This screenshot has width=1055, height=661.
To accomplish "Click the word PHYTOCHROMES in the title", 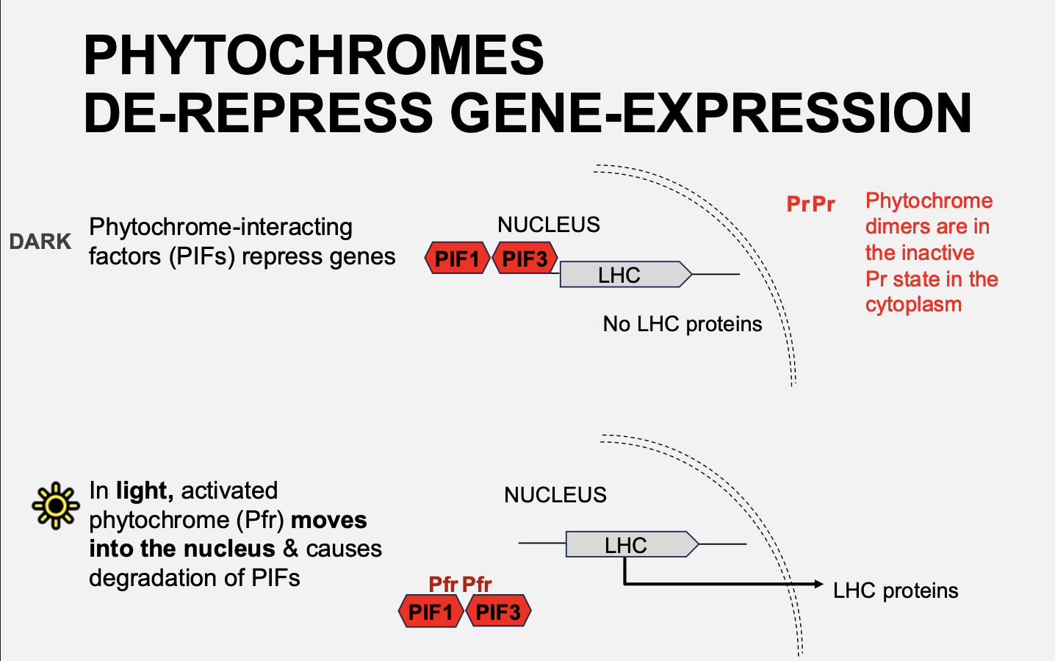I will tap(314, 56).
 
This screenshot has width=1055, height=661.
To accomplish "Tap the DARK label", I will tap(40, 242).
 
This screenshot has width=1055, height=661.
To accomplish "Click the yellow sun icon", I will tap(55, 505).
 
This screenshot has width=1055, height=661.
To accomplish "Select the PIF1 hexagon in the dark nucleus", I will tap(457, 259).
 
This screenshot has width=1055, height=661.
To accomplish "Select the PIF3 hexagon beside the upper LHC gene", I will tap(525, 259).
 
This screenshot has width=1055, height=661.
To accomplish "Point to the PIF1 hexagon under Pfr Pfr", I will tap(431, 611).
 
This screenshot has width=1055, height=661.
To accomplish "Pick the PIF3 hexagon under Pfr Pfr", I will tap(498, 611).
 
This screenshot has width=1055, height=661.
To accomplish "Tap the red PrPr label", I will tap(810, 204).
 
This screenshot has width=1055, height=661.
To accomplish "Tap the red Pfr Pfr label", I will tap(460, 585).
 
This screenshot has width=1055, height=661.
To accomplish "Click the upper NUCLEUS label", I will tap(548, 225).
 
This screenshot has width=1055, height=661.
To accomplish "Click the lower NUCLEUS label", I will tap(555, 495).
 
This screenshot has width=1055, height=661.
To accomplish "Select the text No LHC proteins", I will tap(682, 324).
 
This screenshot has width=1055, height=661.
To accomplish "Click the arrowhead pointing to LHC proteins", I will tap(818, 584).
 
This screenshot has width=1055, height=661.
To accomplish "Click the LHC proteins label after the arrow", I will tap(895, 590).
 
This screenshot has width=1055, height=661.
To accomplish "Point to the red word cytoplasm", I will tap(913, 305).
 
